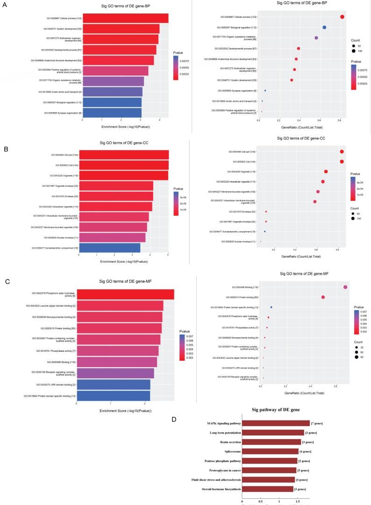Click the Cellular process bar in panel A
pyautogui.click(x=125, y=18)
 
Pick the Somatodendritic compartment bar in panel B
pyautogui.click(x=109, y=247)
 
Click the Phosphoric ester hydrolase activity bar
pyautogui.click(x=125, y=294)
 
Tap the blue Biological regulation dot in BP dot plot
pyautogui.click(x=324, y=28)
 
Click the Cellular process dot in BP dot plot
pyautogui.click(x=342, y=17)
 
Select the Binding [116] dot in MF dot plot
pyautogui.click(x=345, y=287)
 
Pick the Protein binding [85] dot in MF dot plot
pyautogui.click(x=323, y=297)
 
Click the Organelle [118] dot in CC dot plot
pyautogui.click(x=326, y=171)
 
